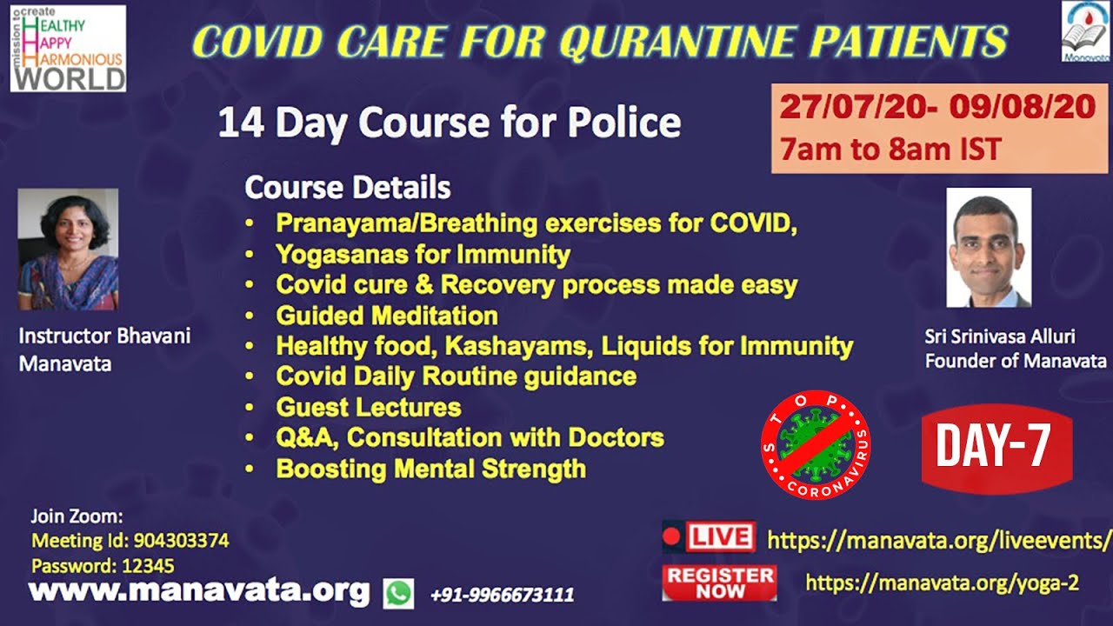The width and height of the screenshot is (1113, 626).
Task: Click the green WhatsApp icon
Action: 398,593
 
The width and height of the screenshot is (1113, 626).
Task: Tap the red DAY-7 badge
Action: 996,448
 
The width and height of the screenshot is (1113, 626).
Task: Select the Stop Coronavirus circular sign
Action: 816,445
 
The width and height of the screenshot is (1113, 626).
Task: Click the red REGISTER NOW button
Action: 719,583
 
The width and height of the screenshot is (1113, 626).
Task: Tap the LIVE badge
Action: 709,537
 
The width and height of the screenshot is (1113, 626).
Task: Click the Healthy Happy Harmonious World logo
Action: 68,48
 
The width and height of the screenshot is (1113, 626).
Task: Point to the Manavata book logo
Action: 1085,31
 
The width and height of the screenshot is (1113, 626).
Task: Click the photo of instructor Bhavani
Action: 68,250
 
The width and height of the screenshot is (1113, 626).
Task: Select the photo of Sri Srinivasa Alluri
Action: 989,248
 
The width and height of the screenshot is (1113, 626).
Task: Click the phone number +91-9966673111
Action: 503,595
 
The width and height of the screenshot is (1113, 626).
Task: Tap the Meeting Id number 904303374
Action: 182,540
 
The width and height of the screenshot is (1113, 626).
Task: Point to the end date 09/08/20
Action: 1023,107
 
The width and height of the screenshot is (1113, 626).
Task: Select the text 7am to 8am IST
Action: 890,149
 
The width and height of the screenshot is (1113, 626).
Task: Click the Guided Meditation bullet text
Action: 387,316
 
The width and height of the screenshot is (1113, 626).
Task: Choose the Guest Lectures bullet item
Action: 369,408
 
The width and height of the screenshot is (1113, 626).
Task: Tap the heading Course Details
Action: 347,187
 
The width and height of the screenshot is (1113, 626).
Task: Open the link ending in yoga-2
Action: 942,583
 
